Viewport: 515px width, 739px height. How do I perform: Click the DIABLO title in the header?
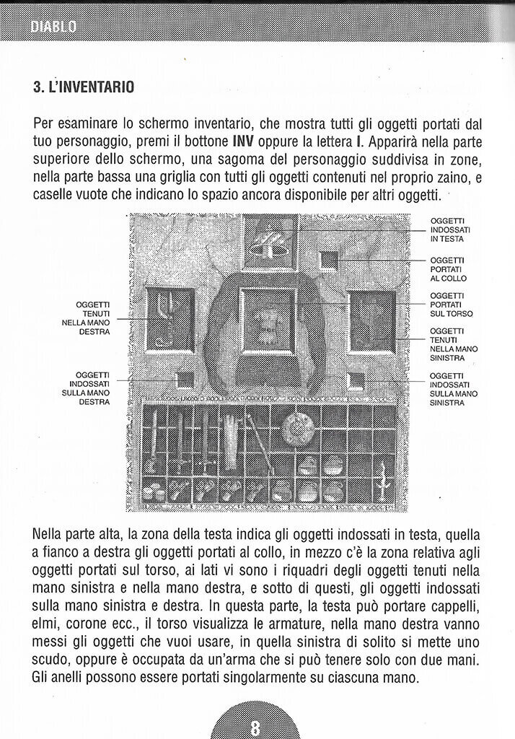[x=53, y=27]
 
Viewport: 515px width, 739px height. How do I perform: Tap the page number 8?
[x=255, y=725]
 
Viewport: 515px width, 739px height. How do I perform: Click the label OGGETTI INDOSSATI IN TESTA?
[x=447, y=229]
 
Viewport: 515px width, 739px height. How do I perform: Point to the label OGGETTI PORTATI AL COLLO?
[x=447, y=268]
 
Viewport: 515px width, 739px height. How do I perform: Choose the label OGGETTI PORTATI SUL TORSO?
[x=451, y=305]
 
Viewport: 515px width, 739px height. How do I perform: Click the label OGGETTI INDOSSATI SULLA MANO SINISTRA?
[x=453, y=389]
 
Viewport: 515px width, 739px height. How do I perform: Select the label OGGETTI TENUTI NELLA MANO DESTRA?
[x=90, y=318]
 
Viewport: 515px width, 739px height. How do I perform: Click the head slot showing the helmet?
[x=270, y=243]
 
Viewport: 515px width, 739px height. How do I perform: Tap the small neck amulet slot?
[x=329, y=260]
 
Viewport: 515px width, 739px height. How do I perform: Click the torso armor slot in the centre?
[x=268, y=320]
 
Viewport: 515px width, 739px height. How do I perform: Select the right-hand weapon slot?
[x=170, y=319]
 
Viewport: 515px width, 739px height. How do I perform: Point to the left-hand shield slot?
[x=372, y=320]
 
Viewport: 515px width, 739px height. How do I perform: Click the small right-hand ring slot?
[x=185, y=380]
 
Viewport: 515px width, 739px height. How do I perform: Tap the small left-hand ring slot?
[x=355, y=380]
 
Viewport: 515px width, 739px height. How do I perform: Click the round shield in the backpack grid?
[x=296, y=428]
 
